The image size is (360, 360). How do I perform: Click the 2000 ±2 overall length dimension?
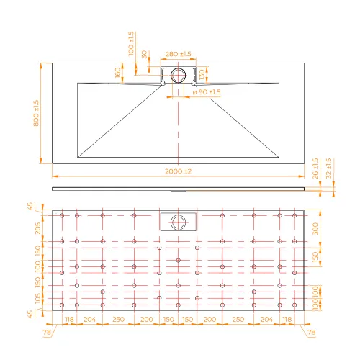click(178, 171)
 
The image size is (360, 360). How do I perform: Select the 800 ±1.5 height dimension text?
click(36, 113)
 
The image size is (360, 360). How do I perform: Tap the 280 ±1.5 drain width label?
click(178, 54)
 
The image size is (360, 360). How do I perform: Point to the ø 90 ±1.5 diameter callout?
click(207, 92)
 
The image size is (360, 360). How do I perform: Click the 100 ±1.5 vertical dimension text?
click(131, 44)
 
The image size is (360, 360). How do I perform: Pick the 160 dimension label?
click(117, 73)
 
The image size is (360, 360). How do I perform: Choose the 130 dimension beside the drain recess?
click(202, 75)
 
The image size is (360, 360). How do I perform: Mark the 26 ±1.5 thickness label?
click(315, 168)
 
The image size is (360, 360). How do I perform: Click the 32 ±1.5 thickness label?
click(329, 168)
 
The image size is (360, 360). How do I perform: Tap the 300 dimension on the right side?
click(315, 229)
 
